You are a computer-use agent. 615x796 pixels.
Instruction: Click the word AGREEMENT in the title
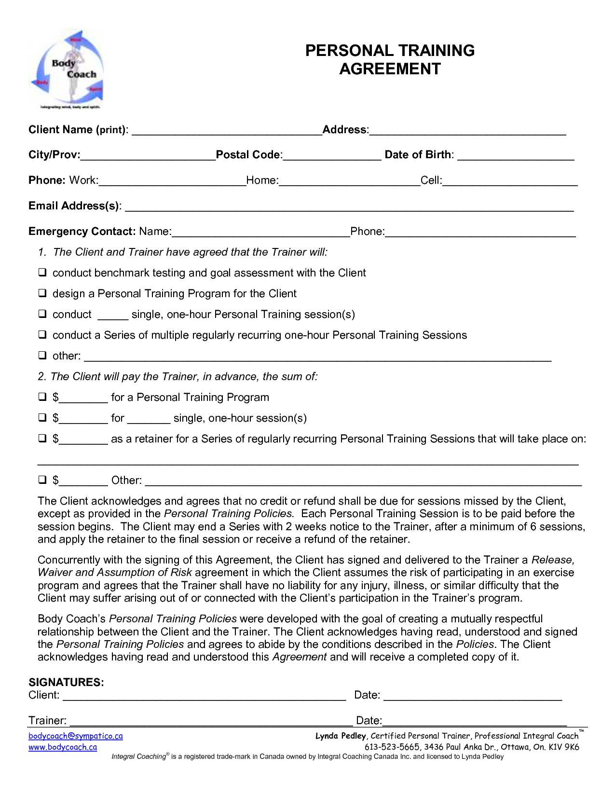(390, 69)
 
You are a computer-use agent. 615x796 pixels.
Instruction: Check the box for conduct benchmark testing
(43, 273)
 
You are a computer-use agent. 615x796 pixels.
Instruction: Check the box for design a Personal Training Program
(43, 293)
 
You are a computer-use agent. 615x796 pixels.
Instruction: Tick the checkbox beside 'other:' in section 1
(43, 356)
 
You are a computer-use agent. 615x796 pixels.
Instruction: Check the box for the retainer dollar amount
(43, 439)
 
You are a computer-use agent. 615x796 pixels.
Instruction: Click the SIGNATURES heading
(66, 682)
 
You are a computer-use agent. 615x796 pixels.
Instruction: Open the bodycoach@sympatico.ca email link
(76, 736)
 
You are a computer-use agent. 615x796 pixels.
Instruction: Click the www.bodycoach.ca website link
(63, 747)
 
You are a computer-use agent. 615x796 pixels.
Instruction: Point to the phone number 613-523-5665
(392, 747)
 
